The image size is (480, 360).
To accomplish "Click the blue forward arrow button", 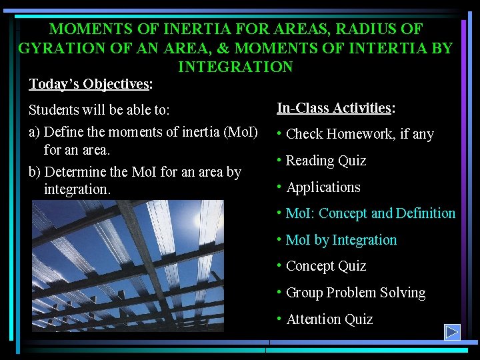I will [453, 331].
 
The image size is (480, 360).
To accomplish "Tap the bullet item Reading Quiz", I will [326, 161].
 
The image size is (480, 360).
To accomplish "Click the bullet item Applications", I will [323, 187].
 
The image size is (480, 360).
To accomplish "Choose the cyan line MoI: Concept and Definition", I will [370, 213].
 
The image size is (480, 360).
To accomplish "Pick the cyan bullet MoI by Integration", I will [341, 240].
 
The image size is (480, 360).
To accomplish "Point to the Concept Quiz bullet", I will [326, 266].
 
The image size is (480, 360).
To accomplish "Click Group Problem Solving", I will [355, 293].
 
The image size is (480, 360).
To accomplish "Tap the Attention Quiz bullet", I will [329, 319].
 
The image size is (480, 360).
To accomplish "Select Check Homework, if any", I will [359, 134].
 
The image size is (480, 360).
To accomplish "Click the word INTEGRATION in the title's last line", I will [235, 67].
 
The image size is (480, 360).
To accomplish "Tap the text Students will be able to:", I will [99, 109].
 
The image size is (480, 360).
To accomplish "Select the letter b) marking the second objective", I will [35, 172].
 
